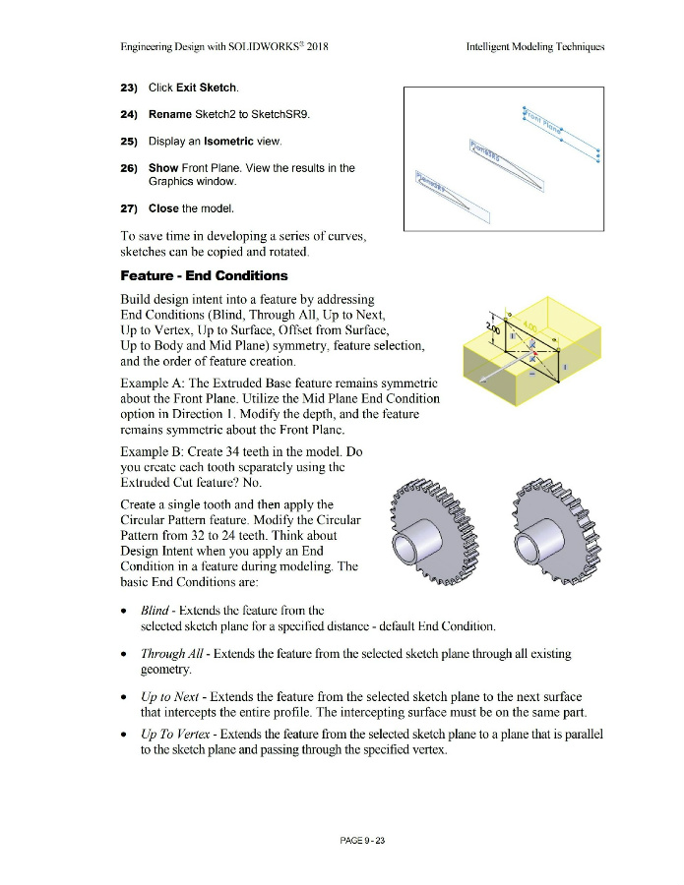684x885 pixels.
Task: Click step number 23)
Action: pos(129,88)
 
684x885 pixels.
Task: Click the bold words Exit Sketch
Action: pos(207,88)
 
